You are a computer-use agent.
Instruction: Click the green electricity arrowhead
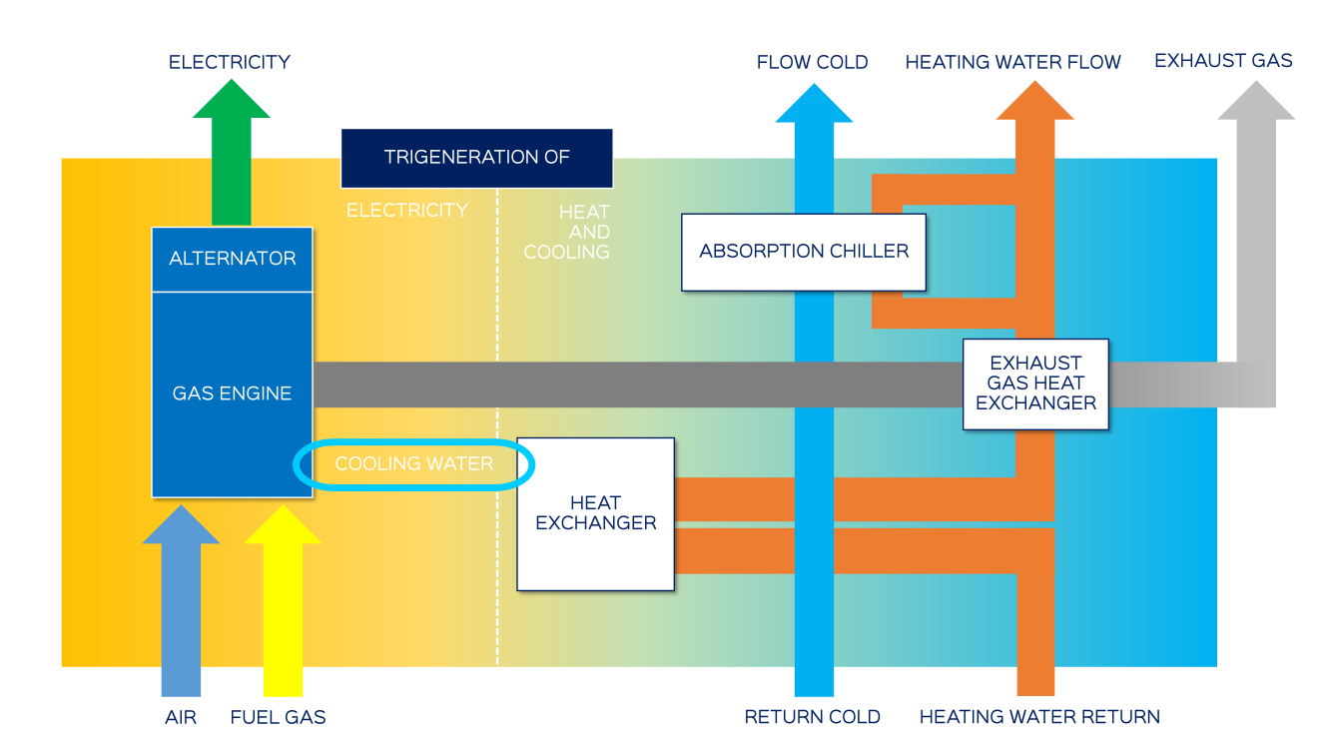[231, 103]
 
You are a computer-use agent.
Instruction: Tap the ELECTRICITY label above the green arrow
[230, 62]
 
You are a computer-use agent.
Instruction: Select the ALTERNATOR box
[232, 259]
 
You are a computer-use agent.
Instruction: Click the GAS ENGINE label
[232, 393]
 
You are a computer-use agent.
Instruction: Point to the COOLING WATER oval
[414, 464]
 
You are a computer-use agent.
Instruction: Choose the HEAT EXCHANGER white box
[596, 513]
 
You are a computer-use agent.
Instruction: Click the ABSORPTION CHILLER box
[804, 252]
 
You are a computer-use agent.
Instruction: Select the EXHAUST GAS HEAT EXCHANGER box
[1035, 383]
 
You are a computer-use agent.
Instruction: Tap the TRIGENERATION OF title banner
[476, 158]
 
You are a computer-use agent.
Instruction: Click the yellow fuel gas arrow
[283, 599]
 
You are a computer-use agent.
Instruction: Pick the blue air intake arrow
[181, 599]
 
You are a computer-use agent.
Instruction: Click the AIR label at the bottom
[181, 717]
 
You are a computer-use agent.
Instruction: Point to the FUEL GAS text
[278, 717]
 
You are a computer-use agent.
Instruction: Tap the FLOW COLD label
[812, 62]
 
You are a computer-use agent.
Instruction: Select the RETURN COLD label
[812, 717]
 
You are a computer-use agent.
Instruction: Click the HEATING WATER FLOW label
[1012, 62]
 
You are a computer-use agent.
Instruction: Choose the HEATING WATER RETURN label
[1039, 717]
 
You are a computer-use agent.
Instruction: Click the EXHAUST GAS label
[1223, 61]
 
